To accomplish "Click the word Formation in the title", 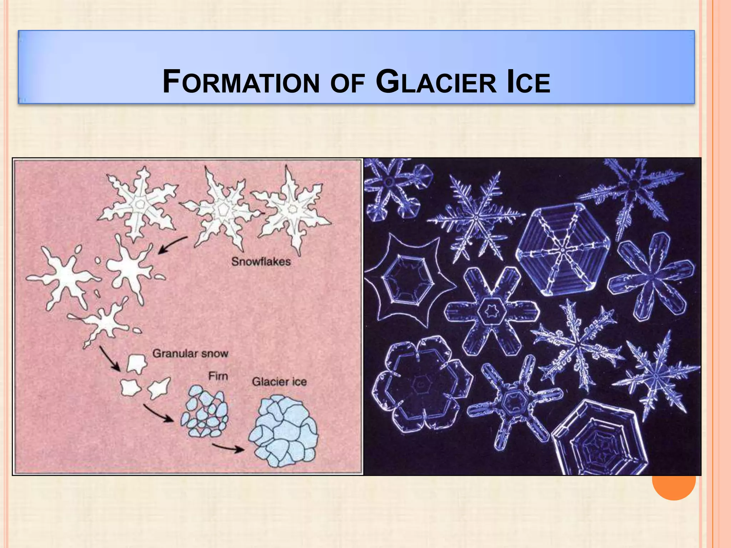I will click(241, 82).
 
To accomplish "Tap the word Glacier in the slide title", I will click(436, 82).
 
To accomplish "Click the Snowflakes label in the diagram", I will click(261, 262).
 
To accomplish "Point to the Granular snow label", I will click(190, 354).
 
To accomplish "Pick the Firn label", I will click(218, 376).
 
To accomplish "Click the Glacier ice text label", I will click(279, 382).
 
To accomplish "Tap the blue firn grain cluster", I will click(205, 412).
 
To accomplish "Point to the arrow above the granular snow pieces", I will click(110, 358).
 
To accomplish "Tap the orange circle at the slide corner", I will click(674, 485).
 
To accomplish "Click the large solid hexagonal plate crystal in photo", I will click(563, 249).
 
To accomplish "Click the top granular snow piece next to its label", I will click(137, 364).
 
